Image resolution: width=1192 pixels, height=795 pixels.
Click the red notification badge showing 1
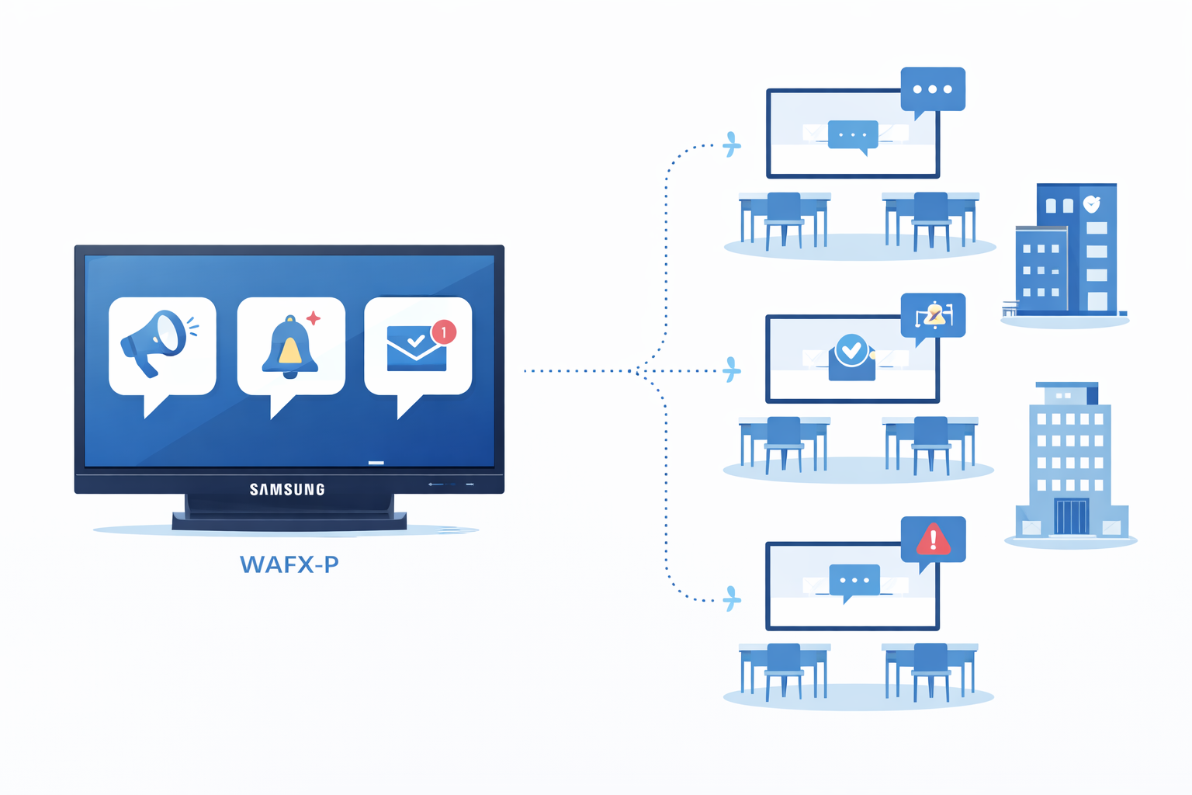[444, 332]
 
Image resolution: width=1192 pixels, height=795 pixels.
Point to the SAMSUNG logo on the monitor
[287, 489]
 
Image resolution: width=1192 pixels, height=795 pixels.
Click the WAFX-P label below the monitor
[289, 564]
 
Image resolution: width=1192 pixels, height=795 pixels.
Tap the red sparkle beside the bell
[314, 318]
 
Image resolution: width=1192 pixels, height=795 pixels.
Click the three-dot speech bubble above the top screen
[933, 89]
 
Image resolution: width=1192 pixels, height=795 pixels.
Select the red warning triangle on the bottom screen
[933, 539]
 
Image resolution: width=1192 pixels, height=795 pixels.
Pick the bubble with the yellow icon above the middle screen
[934, 314]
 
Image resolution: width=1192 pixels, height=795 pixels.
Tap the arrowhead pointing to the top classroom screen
[731, 144]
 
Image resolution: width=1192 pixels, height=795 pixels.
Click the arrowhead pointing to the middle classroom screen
[731, 371]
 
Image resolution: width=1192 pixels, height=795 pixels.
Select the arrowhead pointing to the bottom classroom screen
[731, 599]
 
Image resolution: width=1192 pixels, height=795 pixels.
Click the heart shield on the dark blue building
[1091, 204]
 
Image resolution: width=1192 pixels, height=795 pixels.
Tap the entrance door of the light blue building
[1071, 516]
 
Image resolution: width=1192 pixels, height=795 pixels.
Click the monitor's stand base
[289, 521]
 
